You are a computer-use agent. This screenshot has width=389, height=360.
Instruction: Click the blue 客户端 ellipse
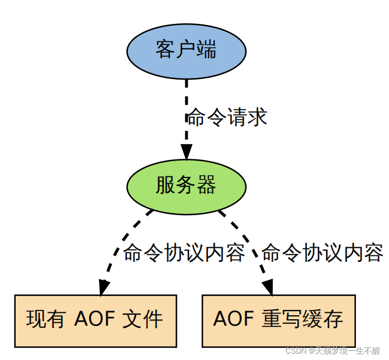coord(186,51)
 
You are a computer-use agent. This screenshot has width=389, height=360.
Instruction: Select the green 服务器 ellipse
coord(186,186)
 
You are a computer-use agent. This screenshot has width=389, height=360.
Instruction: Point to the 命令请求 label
coord(226,117)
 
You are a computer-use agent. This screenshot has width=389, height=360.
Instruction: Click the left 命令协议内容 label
coord(184,253)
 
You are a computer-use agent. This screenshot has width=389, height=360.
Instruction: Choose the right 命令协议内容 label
coord(322,253)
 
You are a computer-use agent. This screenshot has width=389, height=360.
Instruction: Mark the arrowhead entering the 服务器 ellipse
coord(186,153)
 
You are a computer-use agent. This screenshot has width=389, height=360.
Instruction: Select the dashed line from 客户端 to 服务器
coord(186,111)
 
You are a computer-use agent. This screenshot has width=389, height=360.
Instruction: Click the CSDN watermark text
coord(333,351)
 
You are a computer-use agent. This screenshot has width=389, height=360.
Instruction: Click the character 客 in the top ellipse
coord(166,50)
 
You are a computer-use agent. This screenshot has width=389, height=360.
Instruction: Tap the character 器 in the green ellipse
coord(206,186)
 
